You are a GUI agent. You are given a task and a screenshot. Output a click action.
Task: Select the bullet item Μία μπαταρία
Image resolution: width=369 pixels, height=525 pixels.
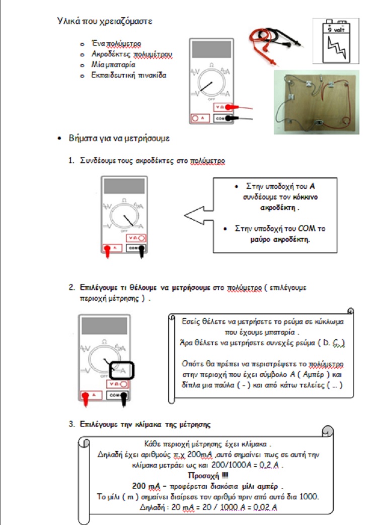coord(106,64)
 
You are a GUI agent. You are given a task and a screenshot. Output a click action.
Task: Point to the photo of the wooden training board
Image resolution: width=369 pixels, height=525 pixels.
coord(316,102)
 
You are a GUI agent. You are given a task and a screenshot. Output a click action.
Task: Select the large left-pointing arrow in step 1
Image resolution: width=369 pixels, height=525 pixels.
coord(197,215)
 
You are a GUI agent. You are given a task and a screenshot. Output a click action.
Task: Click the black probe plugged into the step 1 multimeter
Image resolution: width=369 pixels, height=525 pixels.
coord(142,251)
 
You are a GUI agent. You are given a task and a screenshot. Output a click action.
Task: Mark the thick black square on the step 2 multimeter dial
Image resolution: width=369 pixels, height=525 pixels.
coord(122,370)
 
